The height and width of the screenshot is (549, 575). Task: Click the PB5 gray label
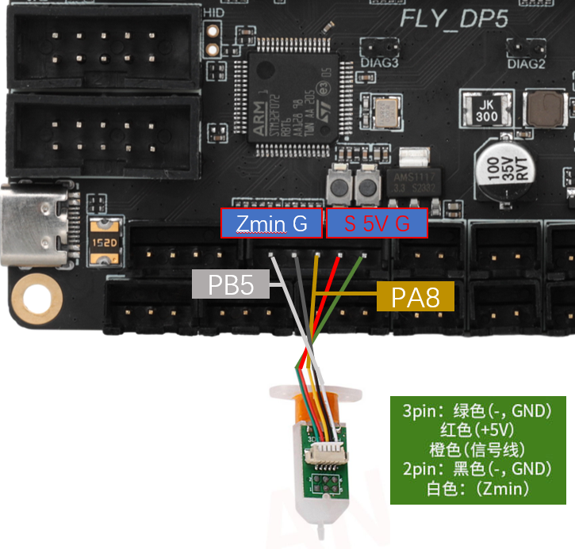(231, 284)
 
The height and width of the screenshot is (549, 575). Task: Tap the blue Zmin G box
(271, 224)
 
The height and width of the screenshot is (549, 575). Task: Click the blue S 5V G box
(377, 224)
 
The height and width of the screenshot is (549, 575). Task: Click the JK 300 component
(486, 111)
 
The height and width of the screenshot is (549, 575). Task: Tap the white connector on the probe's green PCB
(325, 453)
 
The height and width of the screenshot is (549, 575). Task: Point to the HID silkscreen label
(213, 13)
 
